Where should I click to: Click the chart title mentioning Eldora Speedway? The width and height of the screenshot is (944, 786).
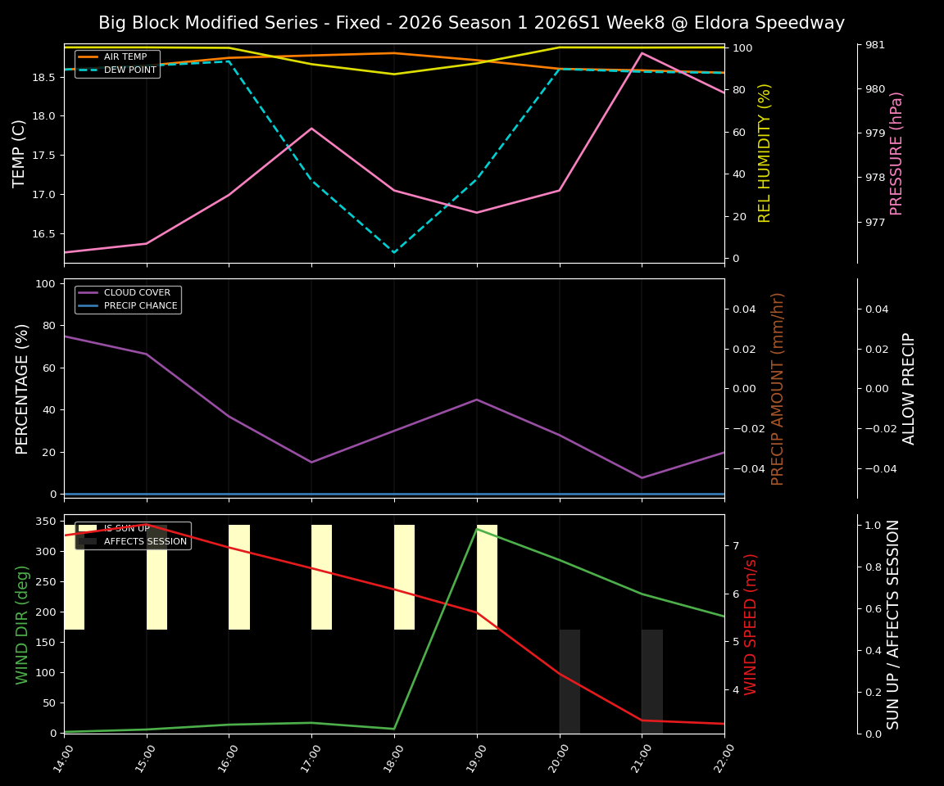471,23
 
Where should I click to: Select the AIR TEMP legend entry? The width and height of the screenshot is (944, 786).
125,57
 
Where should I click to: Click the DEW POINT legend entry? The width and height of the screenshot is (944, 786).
125,70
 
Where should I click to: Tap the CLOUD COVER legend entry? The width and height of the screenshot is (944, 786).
137,293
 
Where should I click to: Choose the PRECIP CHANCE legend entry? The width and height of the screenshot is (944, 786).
140,305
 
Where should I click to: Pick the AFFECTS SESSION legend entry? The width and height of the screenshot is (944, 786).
144,541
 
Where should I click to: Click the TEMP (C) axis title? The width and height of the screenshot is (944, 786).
20,153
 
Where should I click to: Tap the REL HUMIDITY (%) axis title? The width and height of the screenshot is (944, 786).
765,153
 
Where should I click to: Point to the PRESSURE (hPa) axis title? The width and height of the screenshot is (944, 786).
896,153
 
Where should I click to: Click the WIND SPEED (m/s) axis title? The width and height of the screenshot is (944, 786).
751,624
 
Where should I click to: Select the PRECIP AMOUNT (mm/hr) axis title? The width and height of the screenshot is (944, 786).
778,388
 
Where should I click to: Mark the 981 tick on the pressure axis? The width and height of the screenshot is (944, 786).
874,45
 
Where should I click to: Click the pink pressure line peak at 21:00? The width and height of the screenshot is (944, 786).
642,53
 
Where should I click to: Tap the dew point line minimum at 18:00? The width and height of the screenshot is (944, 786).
394,252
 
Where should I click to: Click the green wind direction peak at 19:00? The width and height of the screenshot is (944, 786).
477,529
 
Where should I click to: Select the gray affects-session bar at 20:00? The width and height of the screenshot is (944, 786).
570,681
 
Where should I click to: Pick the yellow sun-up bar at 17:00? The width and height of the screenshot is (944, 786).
321,577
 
